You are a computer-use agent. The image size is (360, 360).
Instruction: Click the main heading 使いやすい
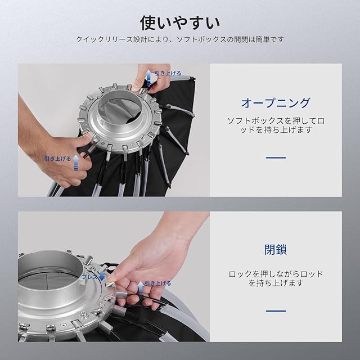180,23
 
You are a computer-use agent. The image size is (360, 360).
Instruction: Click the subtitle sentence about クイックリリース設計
180,39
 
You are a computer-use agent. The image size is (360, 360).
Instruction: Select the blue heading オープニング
276,102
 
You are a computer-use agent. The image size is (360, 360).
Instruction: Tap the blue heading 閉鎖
276,250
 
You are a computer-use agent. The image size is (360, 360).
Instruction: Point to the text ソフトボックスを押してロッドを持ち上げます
276,125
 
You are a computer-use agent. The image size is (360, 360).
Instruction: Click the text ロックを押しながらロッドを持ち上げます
276,278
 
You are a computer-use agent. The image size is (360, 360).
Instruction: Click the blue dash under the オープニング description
276,157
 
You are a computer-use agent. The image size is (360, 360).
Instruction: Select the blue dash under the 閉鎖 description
276,311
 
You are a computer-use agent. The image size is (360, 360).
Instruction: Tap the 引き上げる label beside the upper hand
168,73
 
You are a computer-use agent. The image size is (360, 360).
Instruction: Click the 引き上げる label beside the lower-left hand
58,159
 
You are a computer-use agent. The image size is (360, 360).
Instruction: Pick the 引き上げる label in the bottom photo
158,283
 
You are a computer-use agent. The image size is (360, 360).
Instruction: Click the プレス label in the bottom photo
90,277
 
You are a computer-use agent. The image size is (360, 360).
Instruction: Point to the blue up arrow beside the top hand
149,77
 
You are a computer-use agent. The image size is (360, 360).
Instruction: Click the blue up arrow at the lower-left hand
76,163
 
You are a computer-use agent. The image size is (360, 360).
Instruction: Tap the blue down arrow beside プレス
102,276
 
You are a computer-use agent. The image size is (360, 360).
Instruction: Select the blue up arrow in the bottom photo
141,288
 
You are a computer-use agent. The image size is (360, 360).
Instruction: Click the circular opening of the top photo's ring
119,111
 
